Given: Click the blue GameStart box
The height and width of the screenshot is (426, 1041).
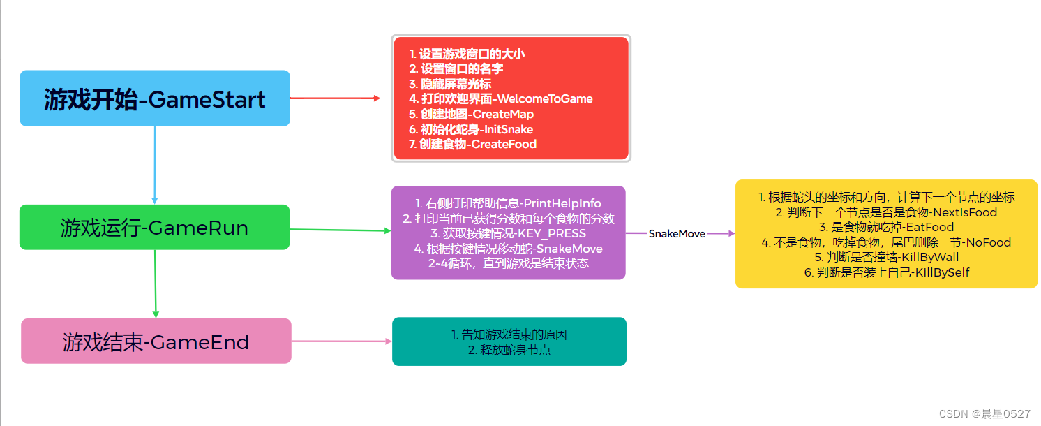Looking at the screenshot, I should [154, 98].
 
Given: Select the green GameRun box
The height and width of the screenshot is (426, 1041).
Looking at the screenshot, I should [154, 227].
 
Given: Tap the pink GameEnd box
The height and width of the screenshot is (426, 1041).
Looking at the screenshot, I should [156, 341].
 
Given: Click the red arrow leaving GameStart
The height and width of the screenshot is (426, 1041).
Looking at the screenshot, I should [335, 98].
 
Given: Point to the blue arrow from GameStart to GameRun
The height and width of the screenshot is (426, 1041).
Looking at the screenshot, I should [154, 165].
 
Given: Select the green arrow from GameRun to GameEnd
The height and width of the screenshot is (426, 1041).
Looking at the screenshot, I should [155, 284].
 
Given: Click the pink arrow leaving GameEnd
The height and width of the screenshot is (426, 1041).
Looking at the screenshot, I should [341, 341].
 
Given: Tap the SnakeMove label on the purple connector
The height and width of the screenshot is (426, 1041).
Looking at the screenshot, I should [676, 234].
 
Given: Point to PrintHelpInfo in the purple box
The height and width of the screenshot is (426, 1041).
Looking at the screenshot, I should [562, 203].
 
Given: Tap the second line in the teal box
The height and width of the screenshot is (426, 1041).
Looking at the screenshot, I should [509, 350].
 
